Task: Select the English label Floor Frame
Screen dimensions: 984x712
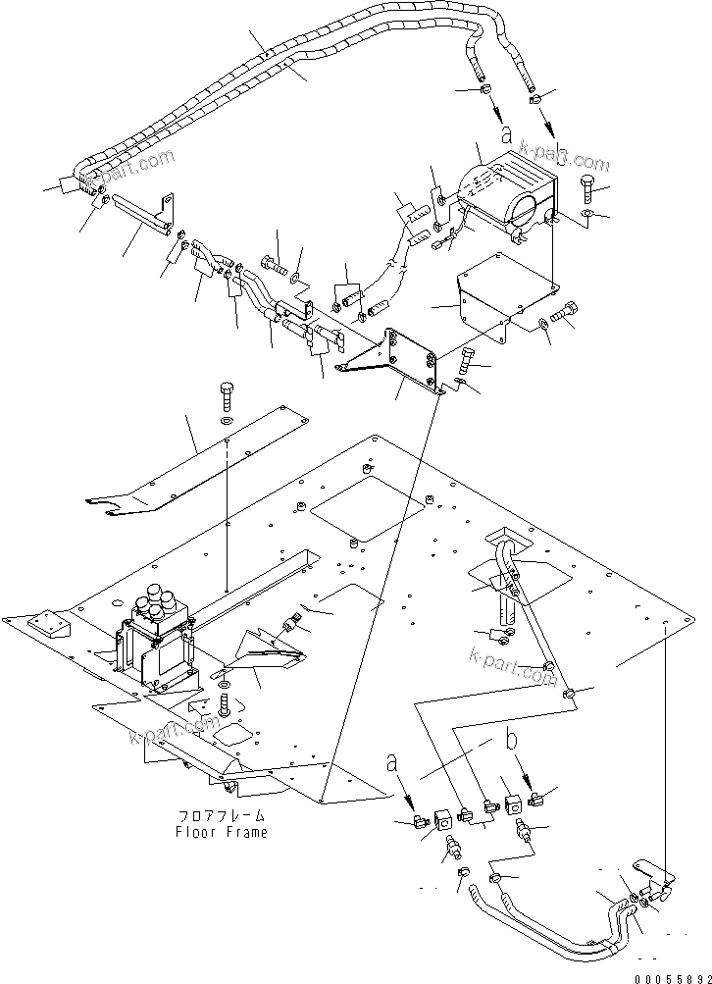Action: [x=222, y=832]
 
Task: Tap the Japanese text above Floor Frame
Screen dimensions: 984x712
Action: [x=222, y=816]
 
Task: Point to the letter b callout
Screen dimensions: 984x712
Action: [x=510, y=739]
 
